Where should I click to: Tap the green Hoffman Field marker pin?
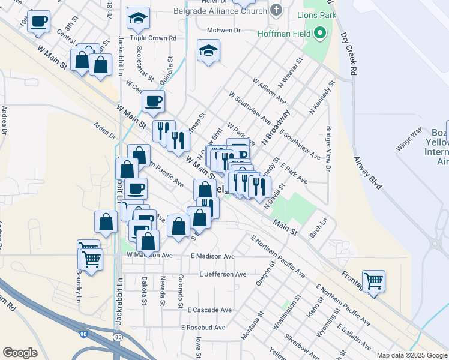[321, 32]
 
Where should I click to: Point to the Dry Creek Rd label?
[349, 53]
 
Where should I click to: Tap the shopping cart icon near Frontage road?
[373, 281]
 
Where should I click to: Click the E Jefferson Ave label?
[223, 274]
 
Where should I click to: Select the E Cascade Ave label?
[209, 310]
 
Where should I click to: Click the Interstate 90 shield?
[83, 331]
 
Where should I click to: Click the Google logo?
[20, 353]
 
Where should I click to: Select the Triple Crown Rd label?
[156, 37]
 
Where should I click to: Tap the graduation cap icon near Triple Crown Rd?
[138, 20]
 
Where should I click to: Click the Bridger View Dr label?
[328, 148]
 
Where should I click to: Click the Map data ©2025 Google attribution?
[412, 355]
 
